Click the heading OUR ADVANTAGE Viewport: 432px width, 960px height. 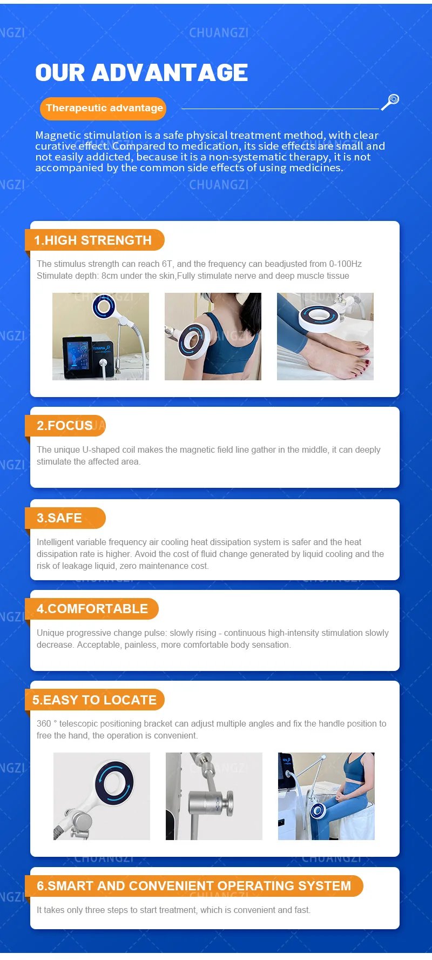[x=141, y=73]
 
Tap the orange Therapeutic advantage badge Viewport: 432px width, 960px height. [x=103, y=108]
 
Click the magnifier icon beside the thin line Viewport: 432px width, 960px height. [x=390, y=102]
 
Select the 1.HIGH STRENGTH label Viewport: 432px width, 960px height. [x=93, y=240]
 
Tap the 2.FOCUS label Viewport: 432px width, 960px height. [x=65, y=426]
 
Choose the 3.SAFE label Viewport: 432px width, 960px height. [x=60, y=518]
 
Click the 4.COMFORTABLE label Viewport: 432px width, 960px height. [x=92, y=609]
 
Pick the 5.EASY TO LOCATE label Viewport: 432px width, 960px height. [x=94, y=700]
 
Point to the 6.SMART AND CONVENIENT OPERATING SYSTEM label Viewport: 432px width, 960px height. [x=194, y=886]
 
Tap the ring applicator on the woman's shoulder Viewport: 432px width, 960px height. [x=192, y=341]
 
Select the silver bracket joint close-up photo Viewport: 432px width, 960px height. [x=214, y=796]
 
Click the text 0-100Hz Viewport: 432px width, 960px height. [x=346, y=264]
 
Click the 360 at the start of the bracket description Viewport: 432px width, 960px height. [x=44, y=724]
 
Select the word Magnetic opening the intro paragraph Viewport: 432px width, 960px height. [x=58, y=136]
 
